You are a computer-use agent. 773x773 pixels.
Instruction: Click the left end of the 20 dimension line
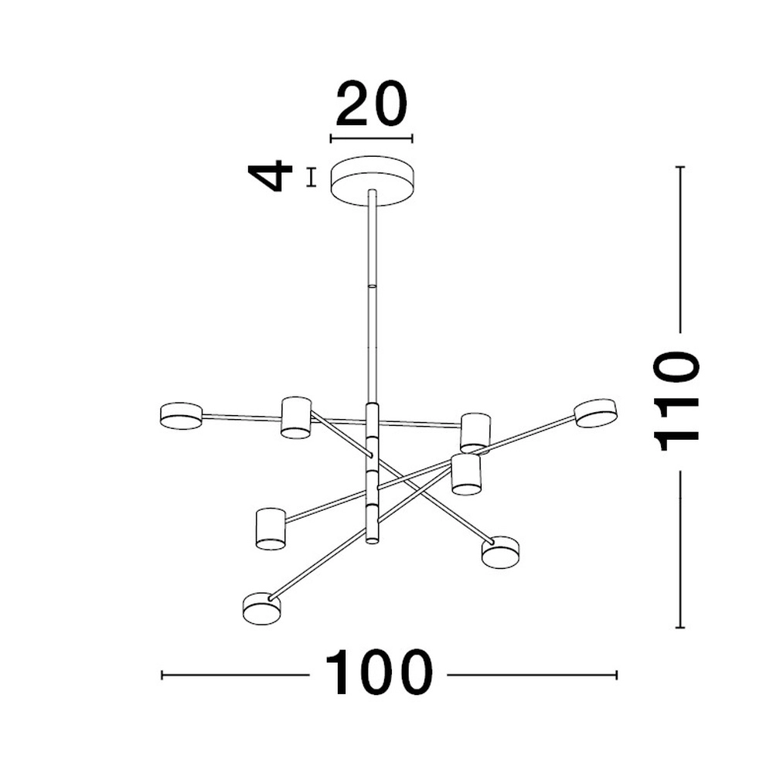point(331,139)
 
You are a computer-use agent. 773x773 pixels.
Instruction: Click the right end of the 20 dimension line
point(412,139)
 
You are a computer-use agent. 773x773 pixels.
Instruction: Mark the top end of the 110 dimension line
point(680,167)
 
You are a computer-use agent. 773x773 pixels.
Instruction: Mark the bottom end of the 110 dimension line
point(680,628)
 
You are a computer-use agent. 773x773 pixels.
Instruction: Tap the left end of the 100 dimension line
point(162,675)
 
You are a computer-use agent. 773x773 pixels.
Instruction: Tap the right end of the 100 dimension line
point(616,675)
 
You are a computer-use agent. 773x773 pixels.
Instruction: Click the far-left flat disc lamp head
point(181,416)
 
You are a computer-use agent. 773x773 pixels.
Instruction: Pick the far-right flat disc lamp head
point(596,413)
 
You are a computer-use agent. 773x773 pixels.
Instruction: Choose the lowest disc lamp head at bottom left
point(262,608)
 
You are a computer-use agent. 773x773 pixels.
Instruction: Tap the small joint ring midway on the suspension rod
point(373,286)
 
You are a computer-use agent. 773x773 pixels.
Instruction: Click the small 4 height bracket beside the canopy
point(311,178)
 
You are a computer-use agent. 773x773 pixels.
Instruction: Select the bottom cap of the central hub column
point(373,541)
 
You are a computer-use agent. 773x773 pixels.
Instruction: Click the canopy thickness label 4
point(270,175)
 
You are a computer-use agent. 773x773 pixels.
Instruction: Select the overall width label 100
point(379,673)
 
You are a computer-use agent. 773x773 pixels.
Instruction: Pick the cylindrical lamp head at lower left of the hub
point(271,529)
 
